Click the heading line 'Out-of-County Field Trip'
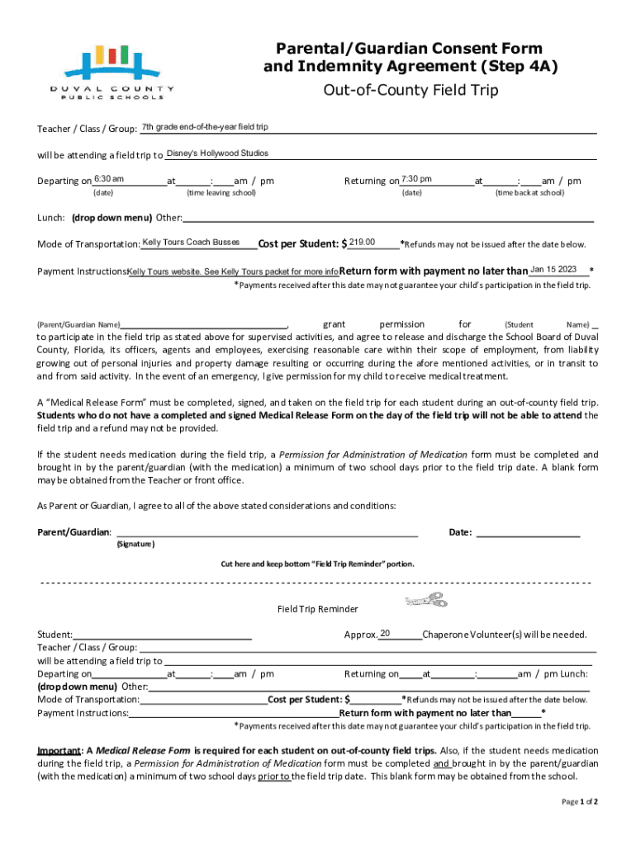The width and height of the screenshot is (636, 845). coord(410,90)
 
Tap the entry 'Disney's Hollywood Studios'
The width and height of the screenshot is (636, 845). coord(217,153)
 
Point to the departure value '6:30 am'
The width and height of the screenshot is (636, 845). coord(109,179)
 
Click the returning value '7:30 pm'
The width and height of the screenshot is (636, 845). coord(416,179)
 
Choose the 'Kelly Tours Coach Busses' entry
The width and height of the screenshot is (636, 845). coord(191,242)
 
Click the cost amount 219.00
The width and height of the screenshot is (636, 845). coord(363,242)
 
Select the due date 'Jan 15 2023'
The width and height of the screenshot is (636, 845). coord(553,269)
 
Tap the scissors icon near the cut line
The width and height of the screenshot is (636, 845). coord(426,601)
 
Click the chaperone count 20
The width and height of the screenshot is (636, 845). coord(385,633)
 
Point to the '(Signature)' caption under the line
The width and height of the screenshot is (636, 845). coord(135,544)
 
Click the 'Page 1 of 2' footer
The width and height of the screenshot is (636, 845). coord(580,801)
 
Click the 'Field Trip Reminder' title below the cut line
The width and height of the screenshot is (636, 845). coord(318,609)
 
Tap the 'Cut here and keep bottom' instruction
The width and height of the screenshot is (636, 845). coord(317,564)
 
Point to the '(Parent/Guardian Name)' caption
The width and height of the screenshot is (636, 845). coord(79,325)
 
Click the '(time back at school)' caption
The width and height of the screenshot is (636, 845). coord(529,192)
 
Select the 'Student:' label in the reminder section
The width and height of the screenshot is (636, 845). coord(55,635)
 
